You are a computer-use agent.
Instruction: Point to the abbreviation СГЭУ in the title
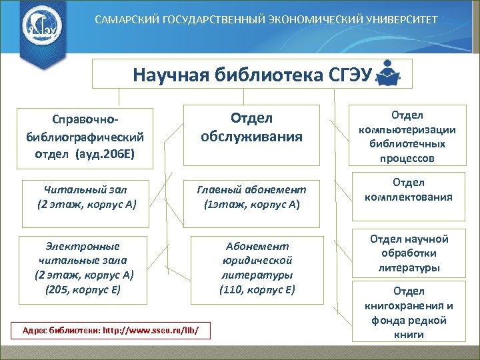pyautogui.click(x=350, y=73)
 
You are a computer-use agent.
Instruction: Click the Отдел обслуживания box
pyautogui.click(x=251, y=127)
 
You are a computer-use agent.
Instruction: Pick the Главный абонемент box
pyautogui.click(x=251, y=197)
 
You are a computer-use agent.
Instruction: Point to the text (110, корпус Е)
pyautogui.click(x=257, y=289)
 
